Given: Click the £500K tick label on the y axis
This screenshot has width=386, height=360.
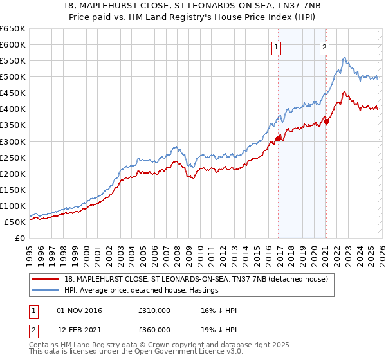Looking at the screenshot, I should (12, 77).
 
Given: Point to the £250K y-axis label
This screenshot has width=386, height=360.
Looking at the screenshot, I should (12, 157).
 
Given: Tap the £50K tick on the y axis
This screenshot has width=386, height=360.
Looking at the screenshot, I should (15, 222).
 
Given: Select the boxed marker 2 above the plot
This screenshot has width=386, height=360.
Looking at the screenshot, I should (325, 46).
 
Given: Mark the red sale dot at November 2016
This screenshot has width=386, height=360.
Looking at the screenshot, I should (278, 138).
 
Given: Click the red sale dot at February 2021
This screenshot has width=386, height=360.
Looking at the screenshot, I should (327, 122).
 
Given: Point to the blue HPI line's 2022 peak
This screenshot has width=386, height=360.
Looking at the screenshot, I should (345, 58).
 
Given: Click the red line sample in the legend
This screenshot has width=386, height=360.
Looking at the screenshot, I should (46, 279).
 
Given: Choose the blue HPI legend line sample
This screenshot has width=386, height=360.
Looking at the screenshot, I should (46, 291).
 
